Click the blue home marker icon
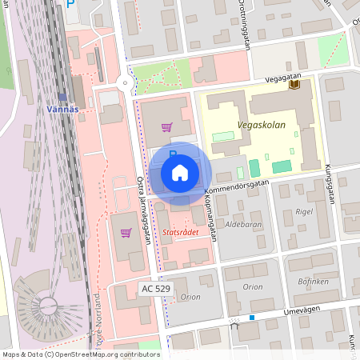[x=179, y=172]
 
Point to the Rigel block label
[x=303, y=212]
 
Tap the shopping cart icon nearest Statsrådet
[x=125, y=233]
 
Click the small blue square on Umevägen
[x=251, y=318]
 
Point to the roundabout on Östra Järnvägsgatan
[x=125, y=82]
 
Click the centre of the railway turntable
[x=46, y=303]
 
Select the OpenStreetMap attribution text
[x=80, y=354]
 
